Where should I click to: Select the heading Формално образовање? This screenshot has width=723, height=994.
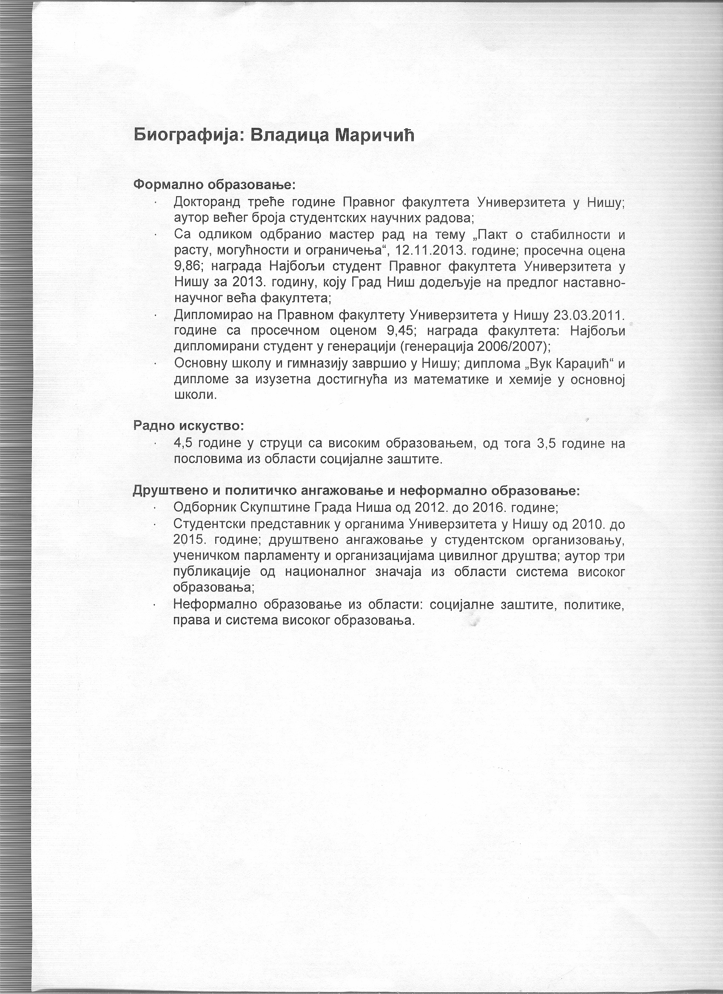click(x=214, y=184)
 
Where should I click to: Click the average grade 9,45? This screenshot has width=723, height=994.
click(x=401, y=331)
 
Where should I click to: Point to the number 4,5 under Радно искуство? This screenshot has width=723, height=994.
click(x=183, y=443)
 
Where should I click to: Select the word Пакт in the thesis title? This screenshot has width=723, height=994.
click(x=492, y=235)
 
